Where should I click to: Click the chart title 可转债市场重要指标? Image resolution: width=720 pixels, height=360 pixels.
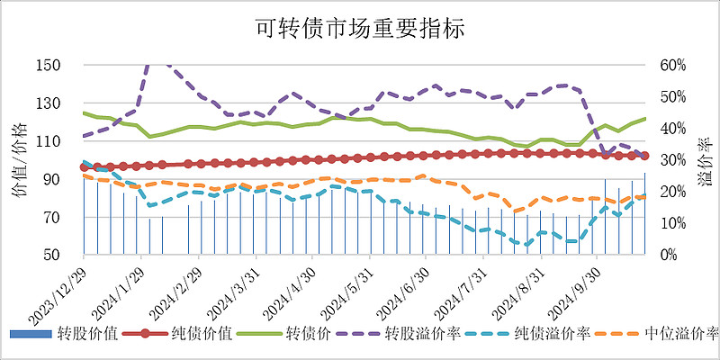click(x=360, y=29)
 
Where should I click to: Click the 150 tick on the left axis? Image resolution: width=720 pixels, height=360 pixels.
click(x=49, y=66)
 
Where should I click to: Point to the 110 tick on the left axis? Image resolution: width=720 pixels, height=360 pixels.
click(x=49, y=141)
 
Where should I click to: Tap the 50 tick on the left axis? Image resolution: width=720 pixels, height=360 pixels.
click(x=53, y=256)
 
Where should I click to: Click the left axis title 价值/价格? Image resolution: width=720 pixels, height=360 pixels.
click(x=20, y=160)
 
